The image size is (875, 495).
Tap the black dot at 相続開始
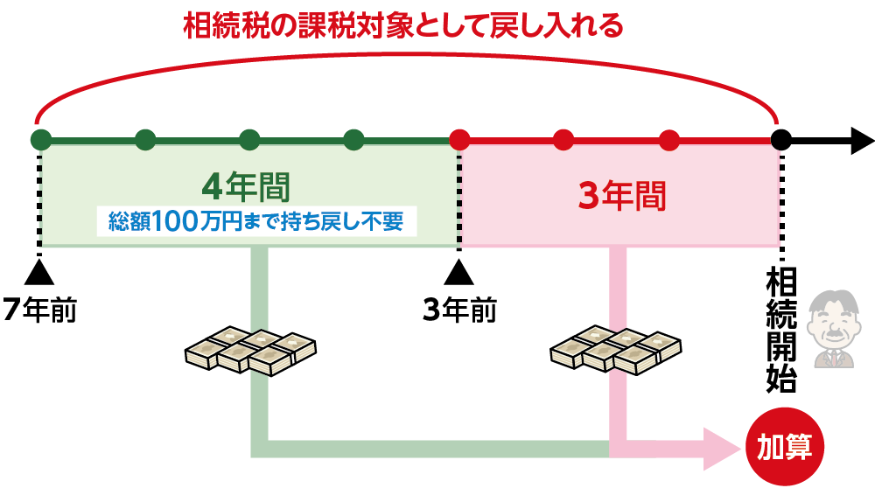(x=781, y=140)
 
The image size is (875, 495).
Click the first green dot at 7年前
(x=40, y=140)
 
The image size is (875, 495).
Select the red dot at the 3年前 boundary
(x=459, y=140)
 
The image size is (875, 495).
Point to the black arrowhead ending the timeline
(x=861, y=140)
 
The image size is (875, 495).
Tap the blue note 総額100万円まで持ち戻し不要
(x=256, y=221)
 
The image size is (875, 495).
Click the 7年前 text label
(x=39, y=310)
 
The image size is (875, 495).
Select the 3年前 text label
(x=459, y=310)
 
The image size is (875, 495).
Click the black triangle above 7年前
(x=39, y=272)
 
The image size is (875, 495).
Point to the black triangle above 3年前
(x=459, y=272)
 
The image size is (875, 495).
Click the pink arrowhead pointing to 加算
(x=722, y=448)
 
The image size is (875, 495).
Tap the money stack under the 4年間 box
(x=250, y=349)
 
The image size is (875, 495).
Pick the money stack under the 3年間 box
(x=616, y=349)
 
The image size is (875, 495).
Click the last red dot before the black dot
(x=669, y=140)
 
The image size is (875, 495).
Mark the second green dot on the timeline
(x=145, y=140)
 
